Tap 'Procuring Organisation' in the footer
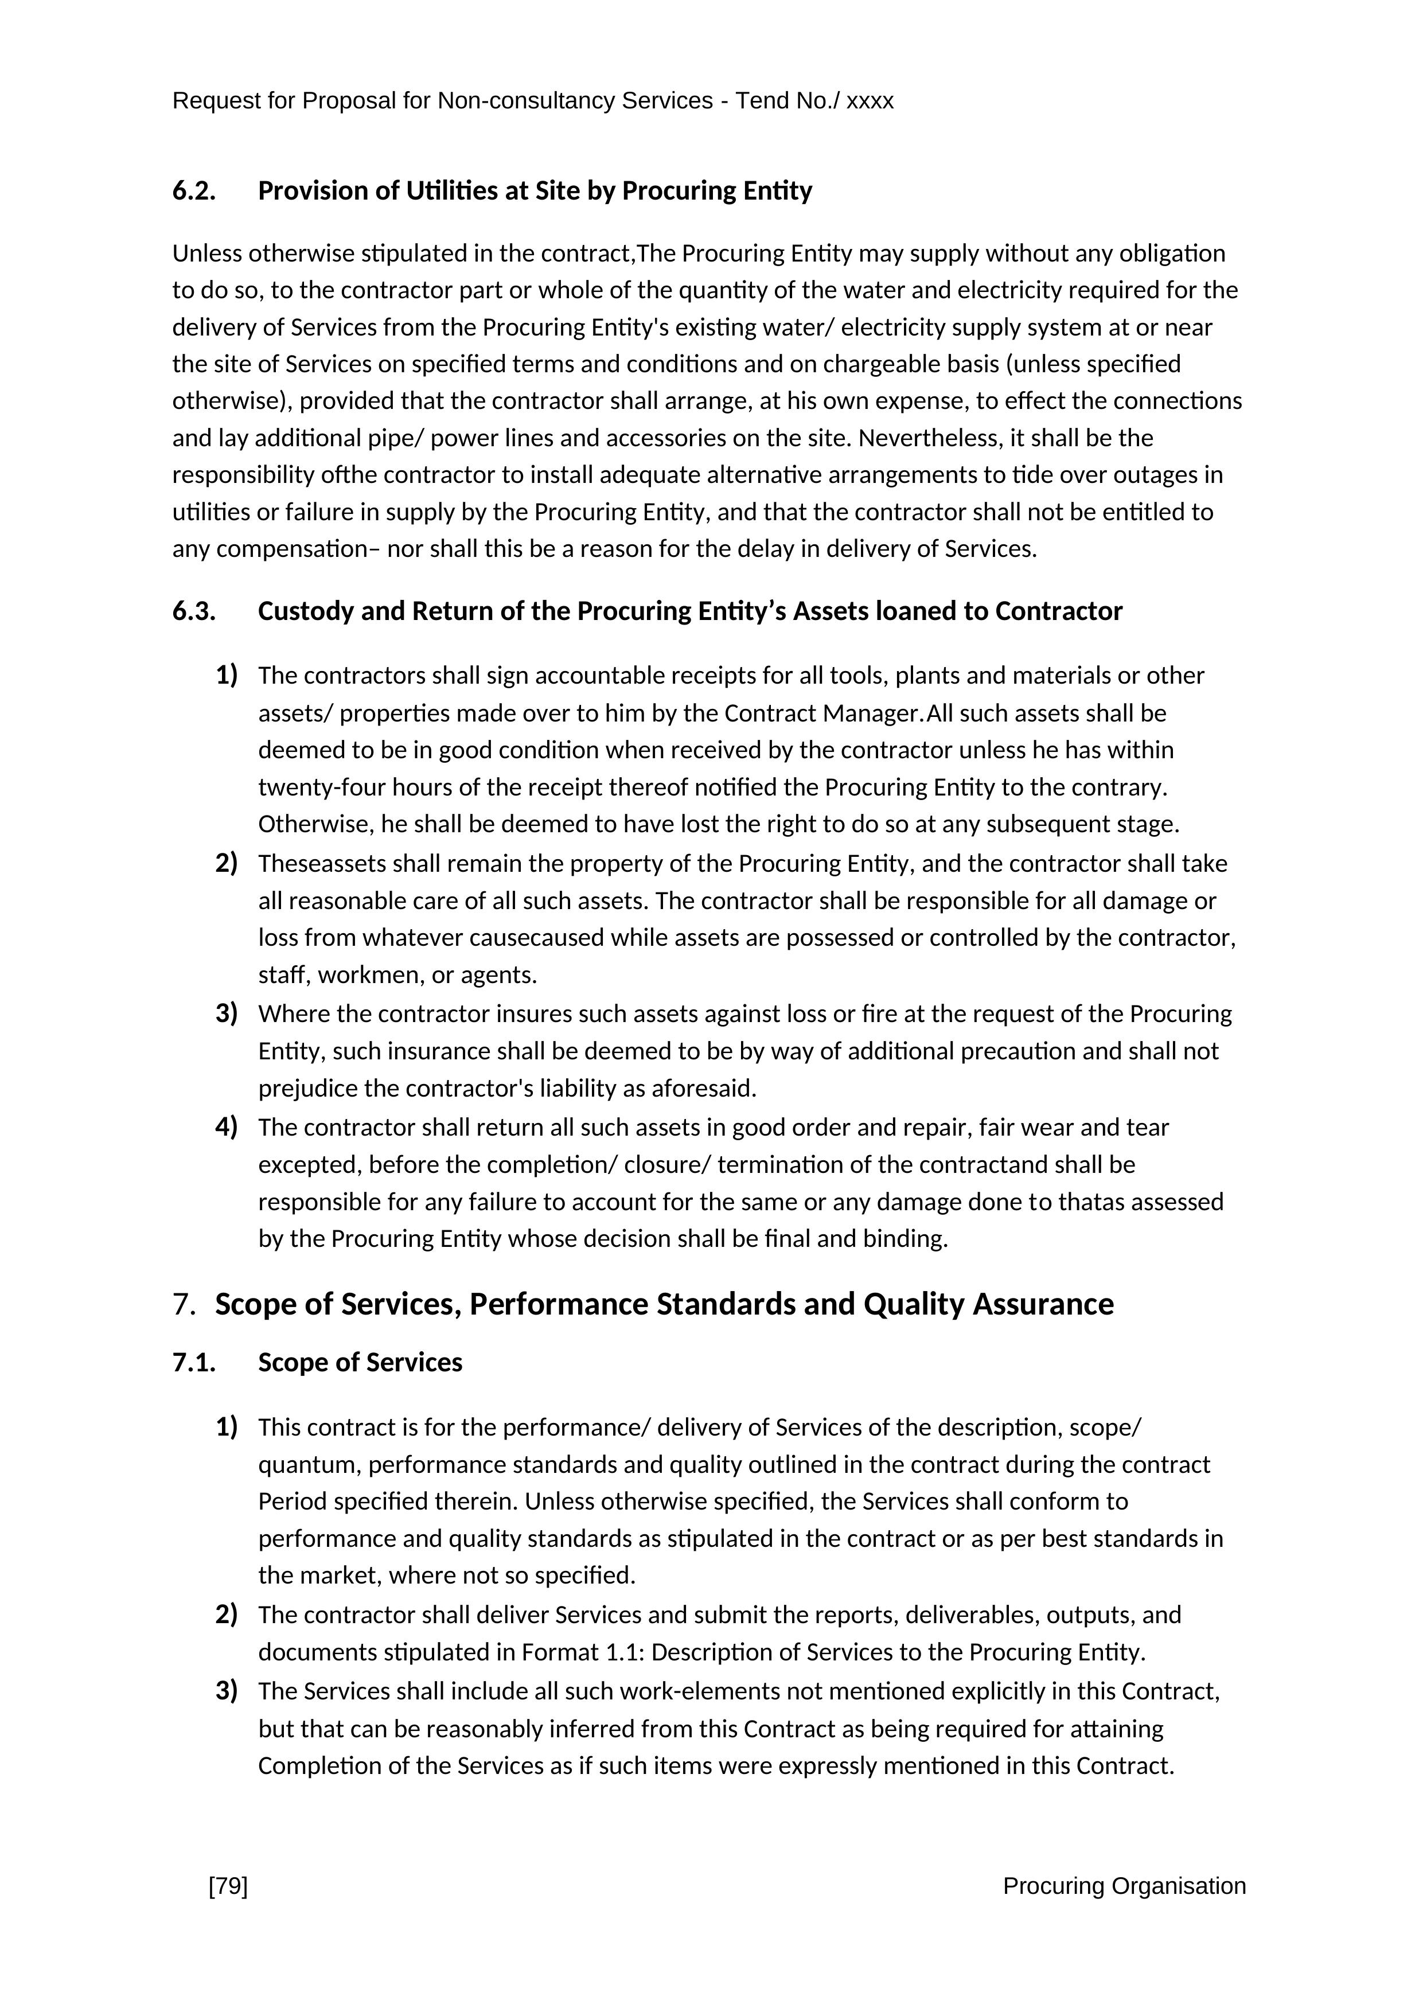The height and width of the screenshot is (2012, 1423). tap(1124, 1886)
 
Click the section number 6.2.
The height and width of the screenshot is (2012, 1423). tap(194, 191)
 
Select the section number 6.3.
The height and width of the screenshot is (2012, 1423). tap(194, 611)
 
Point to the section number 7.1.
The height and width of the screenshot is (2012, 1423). tap(194, 1363)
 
